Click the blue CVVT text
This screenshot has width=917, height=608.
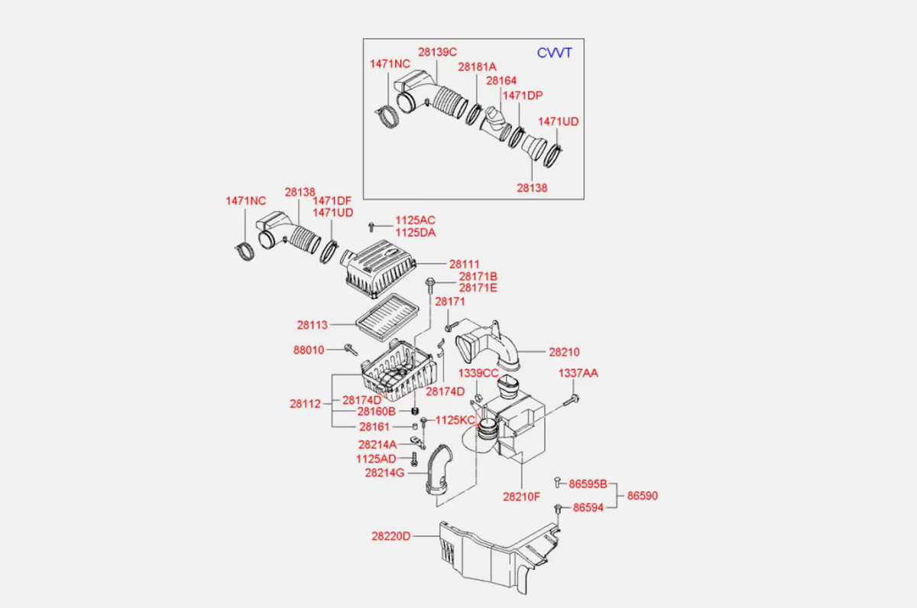554,53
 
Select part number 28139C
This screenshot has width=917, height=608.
437,52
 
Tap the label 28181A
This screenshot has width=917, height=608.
477,67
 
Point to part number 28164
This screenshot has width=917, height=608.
501,81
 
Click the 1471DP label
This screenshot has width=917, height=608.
523,96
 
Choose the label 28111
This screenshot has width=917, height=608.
465,265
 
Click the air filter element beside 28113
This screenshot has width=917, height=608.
387,317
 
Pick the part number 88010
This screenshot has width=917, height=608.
309,350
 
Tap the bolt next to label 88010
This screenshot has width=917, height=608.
351,350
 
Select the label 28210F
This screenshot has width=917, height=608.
521,497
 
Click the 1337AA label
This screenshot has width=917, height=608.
578,373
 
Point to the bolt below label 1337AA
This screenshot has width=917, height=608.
572,399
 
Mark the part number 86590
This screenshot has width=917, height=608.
643,496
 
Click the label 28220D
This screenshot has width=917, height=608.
391,536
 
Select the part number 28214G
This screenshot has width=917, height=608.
384,473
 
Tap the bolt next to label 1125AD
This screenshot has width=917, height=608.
414,460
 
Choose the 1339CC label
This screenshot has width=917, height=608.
478,373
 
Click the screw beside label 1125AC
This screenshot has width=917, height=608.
371,227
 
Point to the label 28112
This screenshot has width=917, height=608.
305,404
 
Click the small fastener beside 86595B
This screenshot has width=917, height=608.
557,483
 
